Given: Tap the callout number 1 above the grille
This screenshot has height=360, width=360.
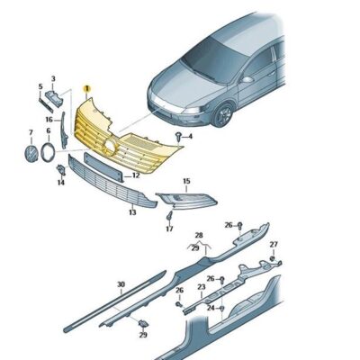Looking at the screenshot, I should (86, 89).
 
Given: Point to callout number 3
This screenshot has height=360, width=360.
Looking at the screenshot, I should (54, 79).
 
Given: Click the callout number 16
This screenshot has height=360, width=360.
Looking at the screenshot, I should (49, 119).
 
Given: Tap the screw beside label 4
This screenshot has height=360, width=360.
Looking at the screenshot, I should (182, 134).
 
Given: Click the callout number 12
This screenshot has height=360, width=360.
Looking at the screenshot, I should (136, 175).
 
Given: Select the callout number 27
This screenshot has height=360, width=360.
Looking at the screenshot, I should (274, 245).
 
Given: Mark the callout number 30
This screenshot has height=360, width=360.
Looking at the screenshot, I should (121, 283).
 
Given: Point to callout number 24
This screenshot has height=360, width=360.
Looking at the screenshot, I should (210, 308).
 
